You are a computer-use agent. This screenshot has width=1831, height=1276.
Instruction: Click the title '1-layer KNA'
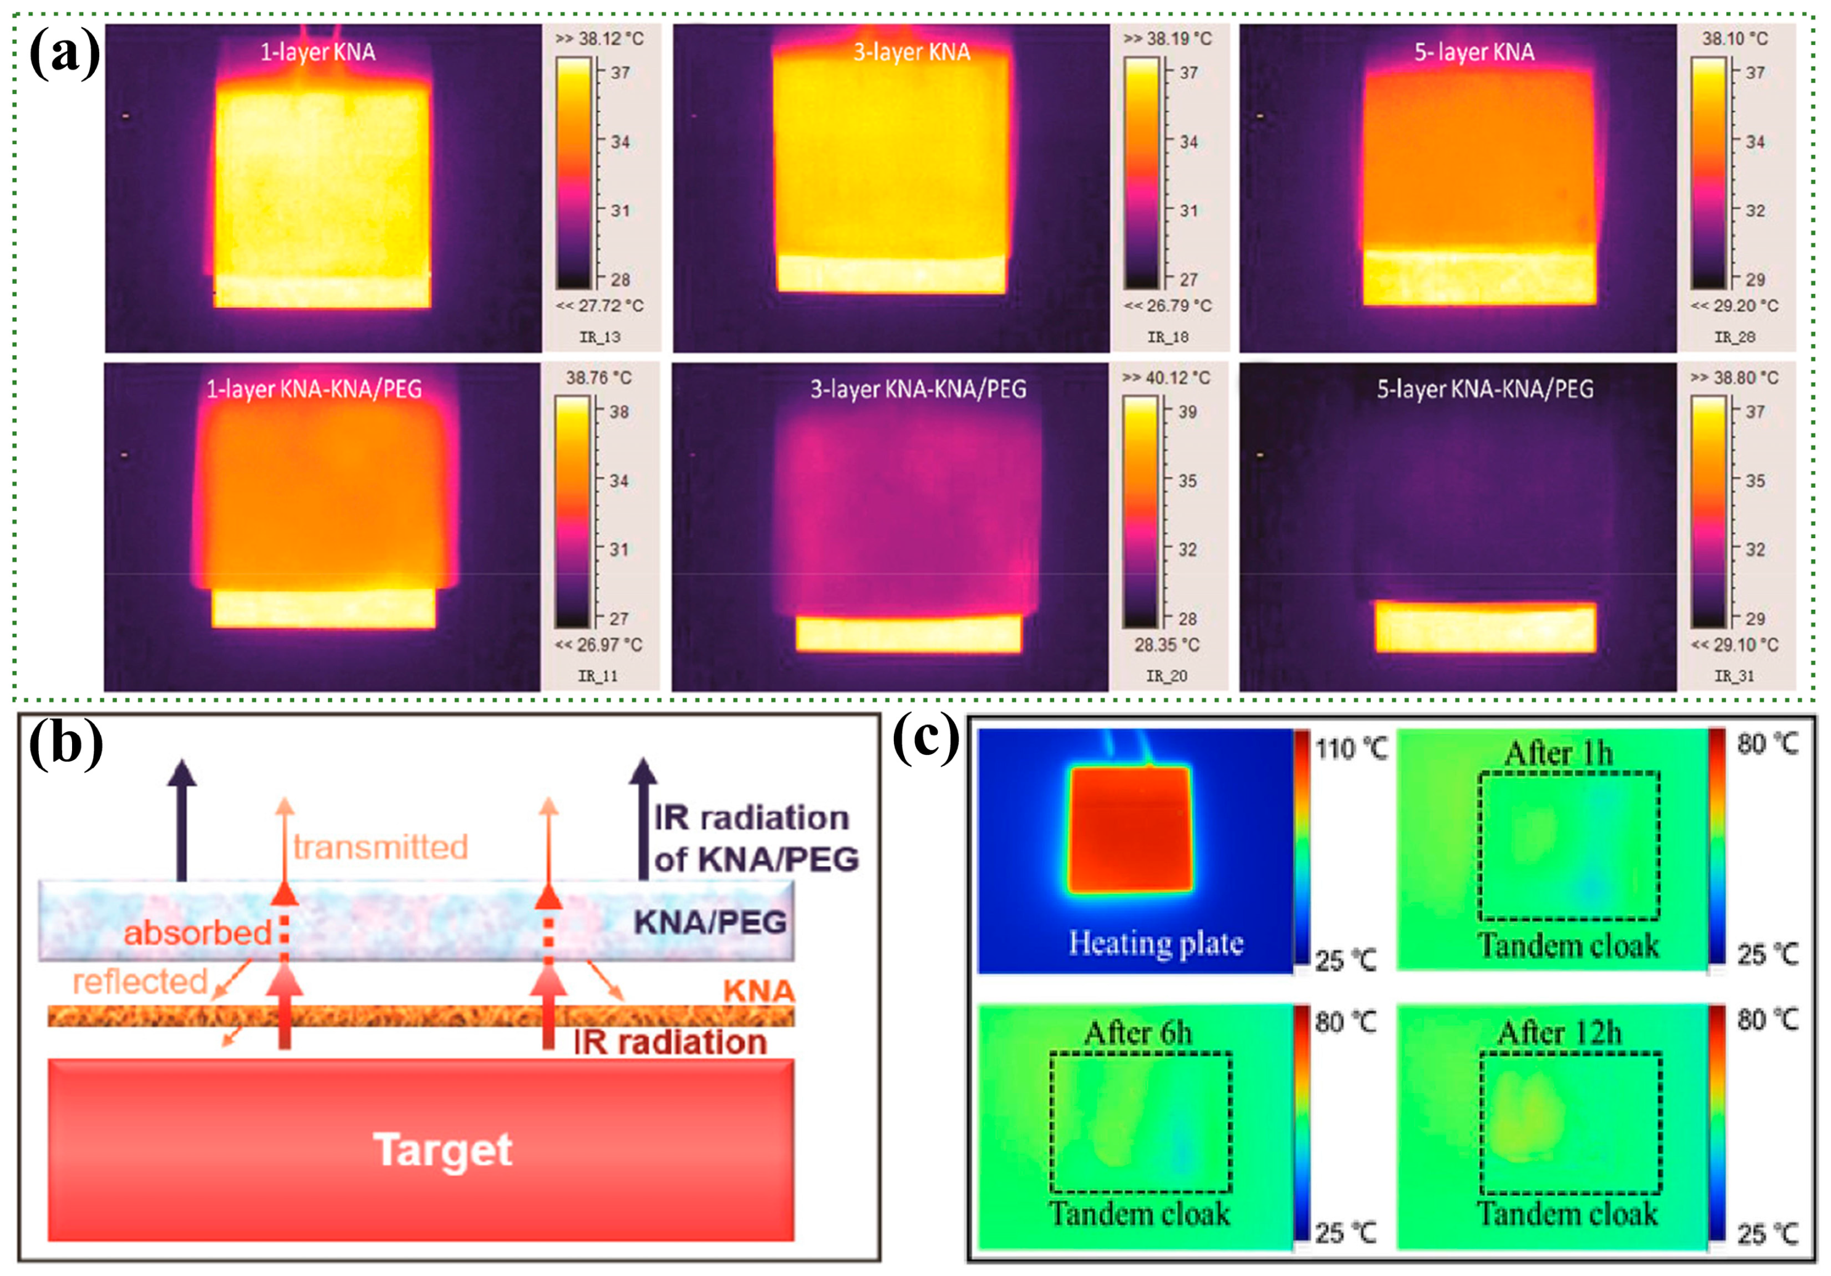click(x=317, y=52)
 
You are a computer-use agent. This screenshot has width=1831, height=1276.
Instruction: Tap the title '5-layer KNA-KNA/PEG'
click(x=1485, y=390)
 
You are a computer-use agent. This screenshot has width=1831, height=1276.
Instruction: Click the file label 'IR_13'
click(x=599, y=337)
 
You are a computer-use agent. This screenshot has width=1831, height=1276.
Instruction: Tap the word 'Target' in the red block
click(x=442, y=1150)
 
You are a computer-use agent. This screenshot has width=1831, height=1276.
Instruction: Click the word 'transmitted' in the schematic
click(x=380, y=847)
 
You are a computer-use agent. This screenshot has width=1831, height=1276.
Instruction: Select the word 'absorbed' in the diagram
click(x=197, y=932)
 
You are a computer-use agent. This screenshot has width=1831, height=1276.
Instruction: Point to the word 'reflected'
click(x=140, y=982)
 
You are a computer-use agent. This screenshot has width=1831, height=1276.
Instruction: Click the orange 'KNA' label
click(x=758, y=991)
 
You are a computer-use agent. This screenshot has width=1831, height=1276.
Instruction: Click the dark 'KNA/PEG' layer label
click(x=710, y=922)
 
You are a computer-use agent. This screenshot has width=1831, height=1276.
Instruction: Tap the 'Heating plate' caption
click(x=1156, y=943)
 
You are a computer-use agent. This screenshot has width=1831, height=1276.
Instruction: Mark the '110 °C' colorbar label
click(x=1351, y=749)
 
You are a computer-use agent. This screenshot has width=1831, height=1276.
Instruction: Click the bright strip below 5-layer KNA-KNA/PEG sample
click(x=1485, y=628)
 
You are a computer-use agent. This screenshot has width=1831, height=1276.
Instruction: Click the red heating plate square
click(x=1129, y=830)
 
